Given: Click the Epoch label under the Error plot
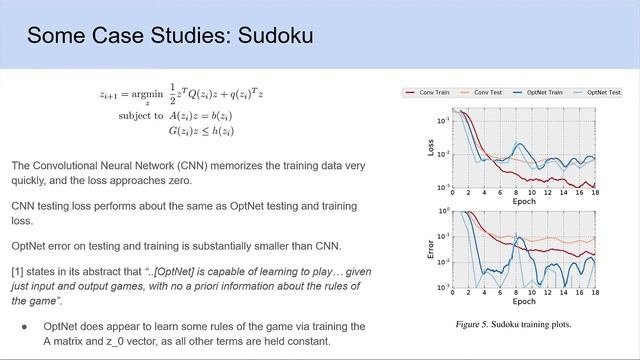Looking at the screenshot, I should coord(524,300).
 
